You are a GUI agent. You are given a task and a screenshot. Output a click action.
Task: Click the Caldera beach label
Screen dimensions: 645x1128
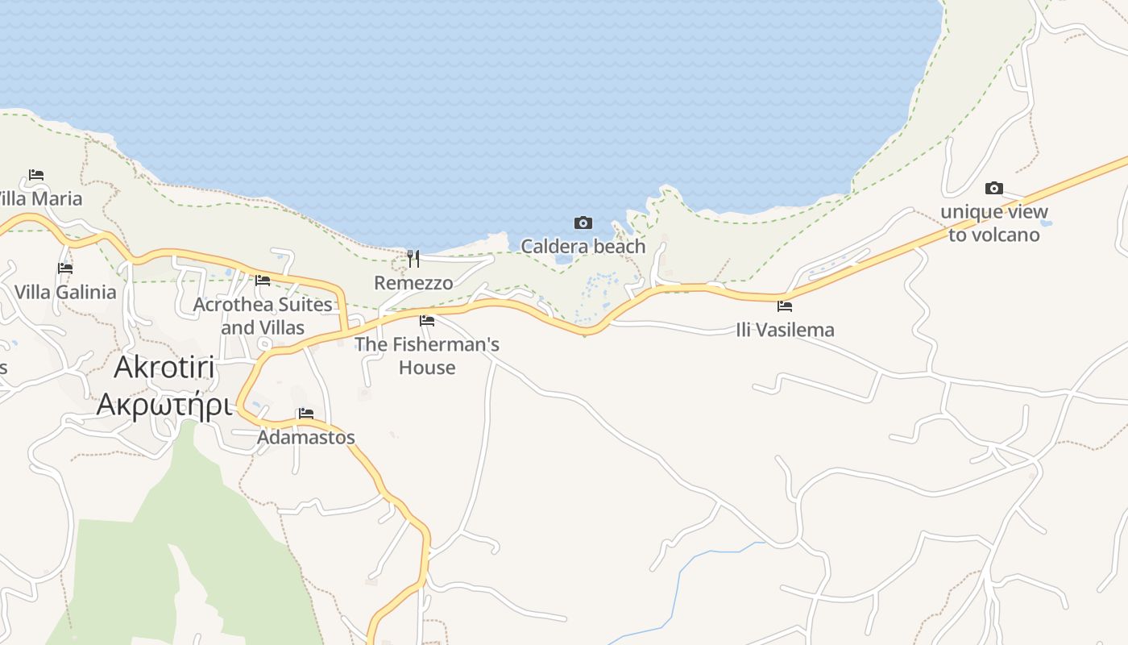click(x=583, y=247)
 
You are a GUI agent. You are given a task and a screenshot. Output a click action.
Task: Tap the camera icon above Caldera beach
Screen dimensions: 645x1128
click(x=583, y=223)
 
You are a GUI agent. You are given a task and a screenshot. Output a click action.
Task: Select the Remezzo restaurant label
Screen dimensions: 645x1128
click(x=413, y=283)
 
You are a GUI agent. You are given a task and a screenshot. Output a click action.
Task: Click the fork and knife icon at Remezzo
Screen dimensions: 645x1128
click(x=413, y=259)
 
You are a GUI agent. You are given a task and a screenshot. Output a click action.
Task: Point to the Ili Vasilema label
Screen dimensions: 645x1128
click(x=785, y=330)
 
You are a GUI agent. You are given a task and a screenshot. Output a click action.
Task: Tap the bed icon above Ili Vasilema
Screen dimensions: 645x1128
click(x=785, y=306)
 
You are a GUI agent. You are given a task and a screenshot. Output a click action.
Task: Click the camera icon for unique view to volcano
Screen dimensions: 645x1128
click(x=994, y=189)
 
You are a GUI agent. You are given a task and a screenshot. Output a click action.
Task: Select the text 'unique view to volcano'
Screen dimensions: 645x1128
click(x=994, y=223)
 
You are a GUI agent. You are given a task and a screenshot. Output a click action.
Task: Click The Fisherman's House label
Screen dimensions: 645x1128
click(x=427, y=356)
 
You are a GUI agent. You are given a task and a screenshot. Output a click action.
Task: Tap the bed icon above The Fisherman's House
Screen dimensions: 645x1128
click(x=427, y=321)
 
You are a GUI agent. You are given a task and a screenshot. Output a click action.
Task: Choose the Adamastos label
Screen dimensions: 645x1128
click(x=306, y=438)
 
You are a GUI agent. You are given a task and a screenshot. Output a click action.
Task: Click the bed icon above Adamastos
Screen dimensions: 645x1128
click(x=306, y=414)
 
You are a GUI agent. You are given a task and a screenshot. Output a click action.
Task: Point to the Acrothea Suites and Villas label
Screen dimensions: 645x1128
click(x=263, y=316)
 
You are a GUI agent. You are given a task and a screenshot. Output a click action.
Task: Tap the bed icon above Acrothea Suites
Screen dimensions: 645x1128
click(x=263, y=281)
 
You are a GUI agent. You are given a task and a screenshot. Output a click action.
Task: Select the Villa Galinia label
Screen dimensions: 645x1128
click(x=65, y=292)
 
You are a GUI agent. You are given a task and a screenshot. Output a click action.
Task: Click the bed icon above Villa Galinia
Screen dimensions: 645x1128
click(x=65, y=268)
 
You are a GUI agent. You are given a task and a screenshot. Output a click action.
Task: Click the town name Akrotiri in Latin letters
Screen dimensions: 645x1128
click(x=164, y=368)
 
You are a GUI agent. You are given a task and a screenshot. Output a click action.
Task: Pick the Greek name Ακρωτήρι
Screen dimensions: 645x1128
click(x=164, y=405)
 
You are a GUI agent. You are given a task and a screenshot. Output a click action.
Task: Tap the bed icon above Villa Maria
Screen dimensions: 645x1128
click(x=35, y=175)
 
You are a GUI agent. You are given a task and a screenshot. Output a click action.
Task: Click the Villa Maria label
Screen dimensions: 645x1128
click(x=40, y=198)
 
